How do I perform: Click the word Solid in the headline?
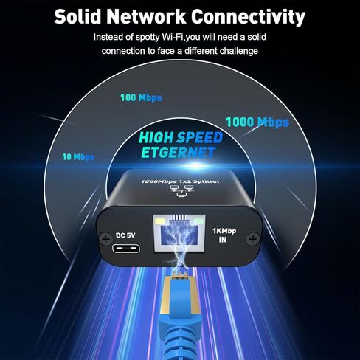[x=77, y=16]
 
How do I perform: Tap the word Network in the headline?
[x=147, y=16]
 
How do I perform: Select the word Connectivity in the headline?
[x=249, y=18]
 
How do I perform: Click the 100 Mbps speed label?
[x=141, y=98]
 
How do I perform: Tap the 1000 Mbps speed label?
[x=257, y=122]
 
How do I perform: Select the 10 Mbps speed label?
[x=78, y=157]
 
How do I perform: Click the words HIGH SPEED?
[x=181, y=137]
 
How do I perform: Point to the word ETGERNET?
[x=179, y=153]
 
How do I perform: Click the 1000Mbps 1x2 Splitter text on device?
[x=181, y=181]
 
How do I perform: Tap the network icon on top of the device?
[x=181, y=191]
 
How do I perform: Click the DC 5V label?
[x=125, y=235]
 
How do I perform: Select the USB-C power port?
[x=126, y=248]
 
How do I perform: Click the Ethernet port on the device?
[x=179, y=233]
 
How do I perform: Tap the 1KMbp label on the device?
[x=224, y=231]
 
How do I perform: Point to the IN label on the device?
[x=223, y=240]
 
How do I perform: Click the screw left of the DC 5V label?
[x=105, y=238]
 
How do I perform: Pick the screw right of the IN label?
[x=253, y=238]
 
